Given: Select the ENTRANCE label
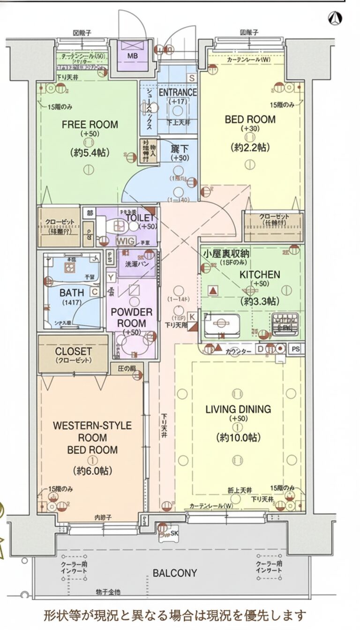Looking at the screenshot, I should (x=178, y=92).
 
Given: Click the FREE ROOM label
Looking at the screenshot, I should (x=90, y=125).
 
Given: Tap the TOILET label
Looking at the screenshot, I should (x=140, y=218).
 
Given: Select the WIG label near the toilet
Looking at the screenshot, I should (x=125, y=241).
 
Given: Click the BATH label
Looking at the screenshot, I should (x=72, y=292).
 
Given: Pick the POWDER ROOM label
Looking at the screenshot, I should (x=131, y=317).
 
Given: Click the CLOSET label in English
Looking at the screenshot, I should (x=73, y=351).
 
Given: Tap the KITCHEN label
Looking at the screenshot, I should (x=260, y=275).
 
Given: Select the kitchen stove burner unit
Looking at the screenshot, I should (x=285, y=323).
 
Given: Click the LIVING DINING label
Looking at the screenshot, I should (x=238, y=409).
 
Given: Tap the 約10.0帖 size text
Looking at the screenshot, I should (x=238, y=438).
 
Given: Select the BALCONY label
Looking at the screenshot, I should (x=174, y=573).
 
